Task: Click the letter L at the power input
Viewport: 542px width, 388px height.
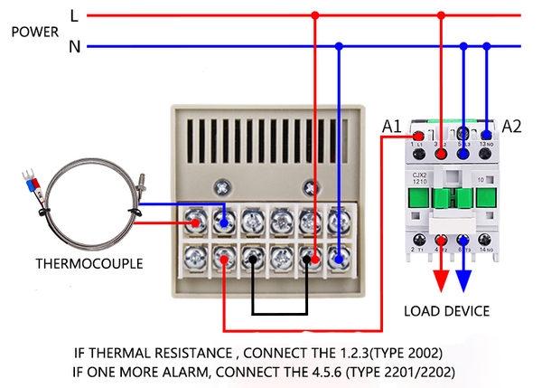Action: [75, 15]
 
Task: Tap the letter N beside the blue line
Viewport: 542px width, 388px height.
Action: [75, 46]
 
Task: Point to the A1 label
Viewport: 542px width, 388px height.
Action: [391, 127]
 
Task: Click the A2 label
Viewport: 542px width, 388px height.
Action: [511, 126]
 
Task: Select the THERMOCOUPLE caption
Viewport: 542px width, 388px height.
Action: [88, 265]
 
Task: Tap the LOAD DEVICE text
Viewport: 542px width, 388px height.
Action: [446, 311]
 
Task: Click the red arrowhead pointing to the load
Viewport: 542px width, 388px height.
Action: [441, 279]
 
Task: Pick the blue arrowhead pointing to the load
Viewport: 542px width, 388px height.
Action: [463, 279]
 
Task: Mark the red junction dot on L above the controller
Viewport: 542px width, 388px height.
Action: [314, 15]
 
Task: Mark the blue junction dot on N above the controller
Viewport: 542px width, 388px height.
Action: [339, 45]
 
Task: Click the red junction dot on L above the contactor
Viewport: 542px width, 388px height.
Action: [441, 15]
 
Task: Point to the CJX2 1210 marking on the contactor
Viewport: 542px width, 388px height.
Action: [419, 181]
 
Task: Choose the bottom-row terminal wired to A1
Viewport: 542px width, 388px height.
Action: [223, 260]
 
